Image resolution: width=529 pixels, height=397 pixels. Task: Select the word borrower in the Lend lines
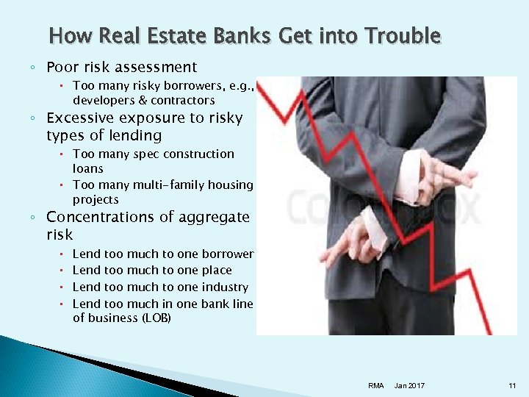click(227, 254)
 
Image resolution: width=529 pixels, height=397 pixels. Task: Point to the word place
click(215, 271)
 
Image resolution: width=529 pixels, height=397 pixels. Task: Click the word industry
click(226, 287)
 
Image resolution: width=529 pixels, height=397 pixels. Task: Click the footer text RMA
click(376, 386)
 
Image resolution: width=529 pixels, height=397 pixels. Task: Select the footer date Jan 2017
click(409, 386)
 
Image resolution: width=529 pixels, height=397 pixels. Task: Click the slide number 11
click(512, 386)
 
